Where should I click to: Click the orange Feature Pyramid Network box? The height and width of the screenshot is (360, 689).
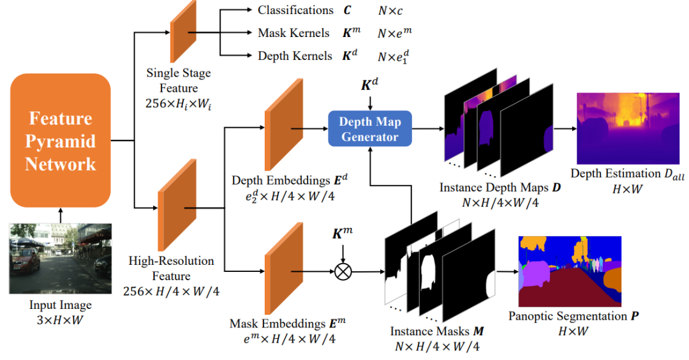click(x=61, y=140)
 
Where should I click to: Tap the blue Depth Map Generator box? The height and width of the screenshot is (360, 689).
click(x=370, y=129)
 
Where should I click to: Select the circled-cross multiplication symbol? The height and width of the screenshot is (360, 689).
click(x=343, y=272)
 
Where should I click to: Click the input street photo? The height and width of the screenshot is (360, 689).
click(x=61, y=259)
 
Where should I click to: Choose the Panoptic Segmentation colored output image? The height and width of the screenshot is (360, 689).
click(x=570, y=271)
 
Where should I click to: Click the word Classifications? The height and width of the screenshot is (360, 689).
click(x=295, y=11)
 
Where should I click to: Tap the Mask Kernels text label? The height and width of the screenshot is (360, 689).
click(x=293, y=33)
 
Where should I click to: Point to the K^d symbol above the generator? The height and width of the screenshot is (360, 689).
click(x=369, y=84)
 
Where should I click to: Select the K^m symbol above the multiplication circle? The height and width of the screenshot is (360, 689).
click(x=343, y=234)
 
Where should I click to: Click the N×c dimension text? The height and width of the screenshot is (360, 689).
click(x=389, y=11)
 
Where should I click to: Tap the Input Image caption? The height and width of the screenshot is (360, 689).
click(x=61, y=305)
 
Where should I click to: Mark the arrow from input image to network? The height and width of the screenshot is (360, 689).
click(x=61, y=214)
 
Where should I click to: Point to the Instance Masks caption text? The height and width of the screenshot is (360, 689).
click(x=437, y=333)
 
